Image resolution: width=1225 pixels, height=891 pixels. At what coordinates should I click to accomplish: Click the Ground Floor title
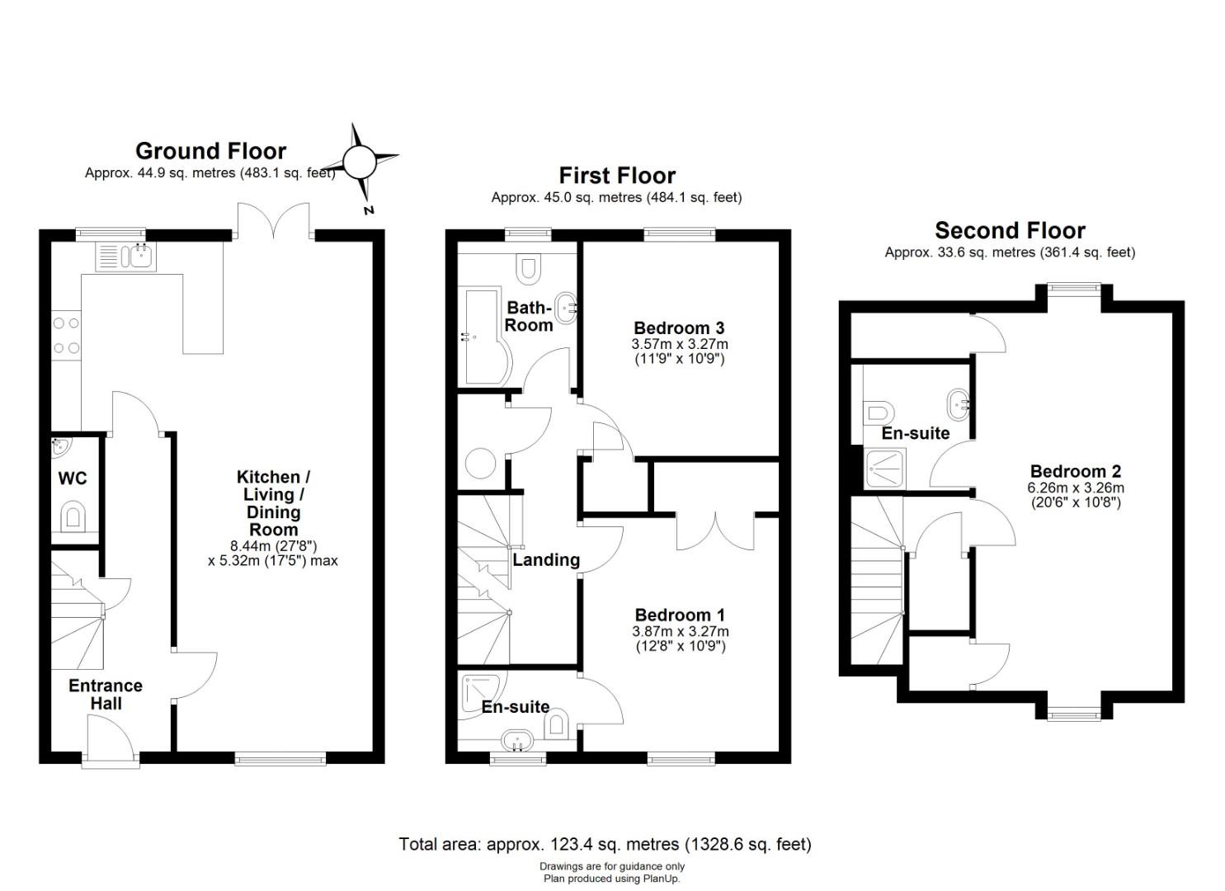click(210, 151)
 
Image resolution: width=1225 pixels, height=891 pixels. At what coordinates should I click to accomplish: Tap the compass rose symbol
click(360, 162)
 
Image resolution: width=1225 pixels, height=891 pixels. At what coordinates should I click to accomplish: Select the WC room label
click(73, 478)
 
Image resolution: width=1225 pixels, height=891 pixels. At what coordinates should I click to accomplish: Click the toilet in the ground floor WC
click(73, 516)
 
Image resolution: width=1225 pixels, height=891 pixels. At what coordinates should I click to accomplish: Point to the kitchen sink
click(125, 257)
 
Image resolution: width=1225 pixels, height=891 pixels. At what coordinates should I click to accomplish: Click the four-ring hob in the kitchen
click(66, 335)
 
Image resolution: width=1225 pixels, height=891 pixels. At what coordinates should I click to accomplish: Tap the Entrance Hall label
click(106, 694)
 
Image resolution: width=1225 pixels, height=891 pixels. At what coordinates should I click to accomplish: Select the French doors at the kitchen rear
click(273, 221)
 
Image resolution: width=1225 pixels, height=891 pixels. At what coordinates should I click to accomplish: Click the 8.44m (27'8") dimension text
click(273, 546)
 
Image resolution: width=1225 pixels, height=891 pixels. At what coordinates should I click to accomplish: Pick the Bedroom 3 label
click(679, 328)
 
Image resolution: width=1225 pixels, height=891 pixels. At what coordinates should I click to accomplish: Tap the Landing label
click(546, 560)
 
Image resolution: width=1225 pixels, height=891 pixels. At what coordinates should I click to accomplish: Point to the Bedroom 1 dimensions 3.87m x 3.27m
click(681, 631)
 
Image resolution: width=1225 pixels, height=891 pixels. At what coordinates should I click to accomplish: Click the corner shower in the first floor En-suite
click(484, 695)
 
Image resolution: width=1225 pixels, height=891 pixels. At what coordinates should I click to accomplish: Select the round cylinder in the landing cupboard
click(480, 464)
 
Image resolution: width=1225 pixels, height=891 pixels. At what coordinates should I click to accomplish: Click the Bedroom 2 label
click(1075, 471)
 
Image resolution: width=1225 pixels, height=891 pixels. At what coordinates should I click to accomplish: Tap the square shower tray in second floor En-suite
click(886, 469)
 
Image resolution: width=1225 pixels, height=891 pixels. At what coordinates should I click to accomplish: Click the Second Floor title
click(1010, 231)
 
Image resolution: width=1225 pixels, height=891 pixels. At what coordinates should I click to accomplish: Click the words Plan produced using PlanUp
click(612, 879)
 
